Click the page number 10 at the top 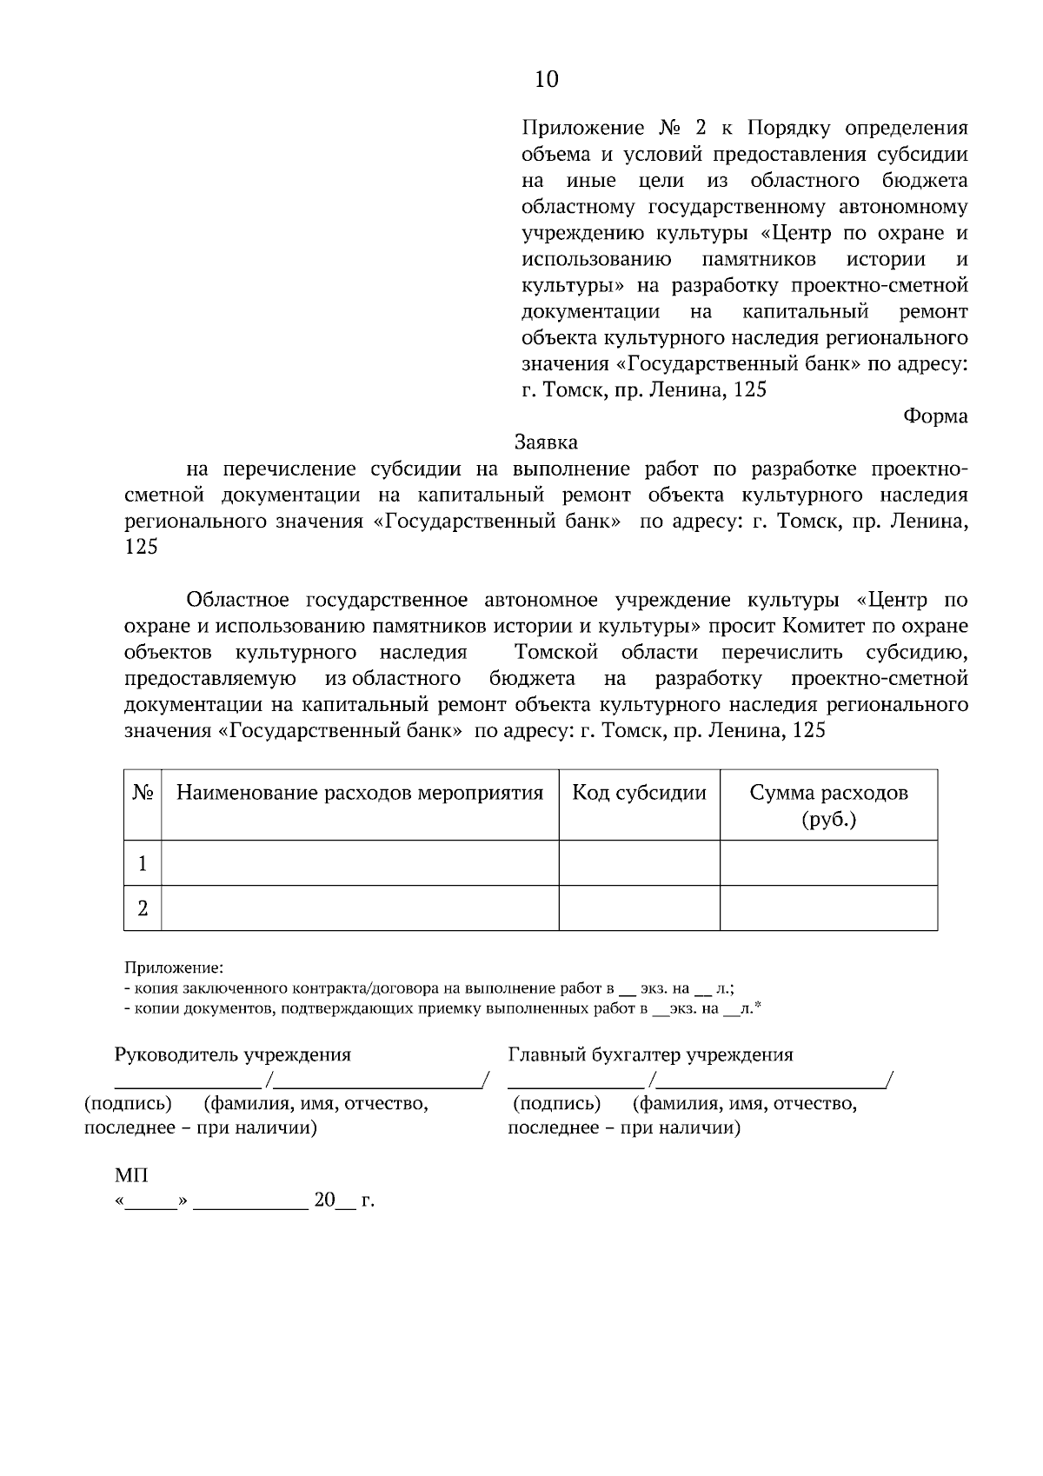(x=546, y=80)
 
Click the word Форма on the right (x=935, y=416)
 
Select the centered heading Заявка (x=546, y=442)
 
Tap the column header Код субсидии (x=639, y=793)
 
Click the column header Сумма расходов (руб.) (x=828, y=805)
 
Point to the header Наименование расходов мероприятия (x=360, y=793)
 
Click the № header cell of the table (x=143, y=793)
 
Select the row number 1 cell (x=143, y=863)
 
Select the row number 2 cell (x=143, y=908)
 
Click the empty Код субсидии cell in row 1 (x=639, y=863)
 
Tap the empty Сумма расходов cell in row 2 (x=828, y=908)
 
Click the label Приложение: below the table (x=173, y=967)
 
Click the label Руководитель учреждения (x=233, y=1055)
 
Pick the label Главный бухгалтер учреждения (x=650, y=1055)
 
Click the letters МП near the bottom (x=131, y=1176)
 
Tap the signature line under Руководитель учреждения (x=188, y=1087)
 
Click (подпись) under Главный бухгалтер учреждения (x=556, y=1105)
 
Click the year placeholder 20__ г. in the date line (x=343, y=1201)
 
